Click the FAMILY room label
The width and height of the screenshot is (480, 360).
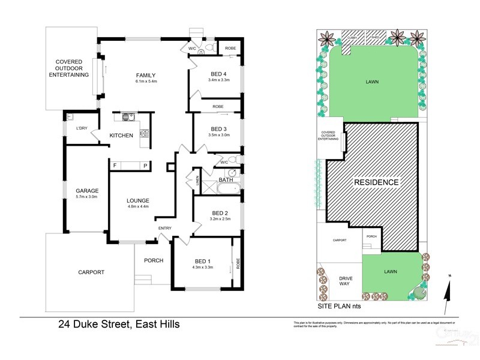[x=145, y=75]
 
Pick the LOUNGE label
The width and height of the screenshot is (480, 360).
[x=137, y=200]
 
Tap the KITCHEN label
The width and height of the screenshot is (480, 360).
[x=121, y=136]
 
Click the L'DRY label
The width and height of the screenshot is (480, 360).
[x=82, y=128]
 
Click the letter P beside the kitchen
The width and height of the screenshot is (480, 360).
[x=145, y=166]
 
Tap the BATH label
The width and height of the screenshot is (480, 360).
[x=226, y=179]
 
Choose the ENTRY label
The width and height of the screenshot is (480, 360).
[x=164, y=228]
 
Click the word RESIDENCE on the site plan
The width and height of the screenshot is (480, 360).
[x=376, y=182]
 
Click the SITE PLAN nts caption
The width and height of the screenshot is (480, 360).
[x=339, y=305]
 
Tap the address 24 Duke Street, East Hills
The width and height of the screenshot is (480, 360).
[x=119, y=325]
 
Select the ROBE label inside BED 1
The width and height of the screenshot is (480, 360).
[x=238, y=262]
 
